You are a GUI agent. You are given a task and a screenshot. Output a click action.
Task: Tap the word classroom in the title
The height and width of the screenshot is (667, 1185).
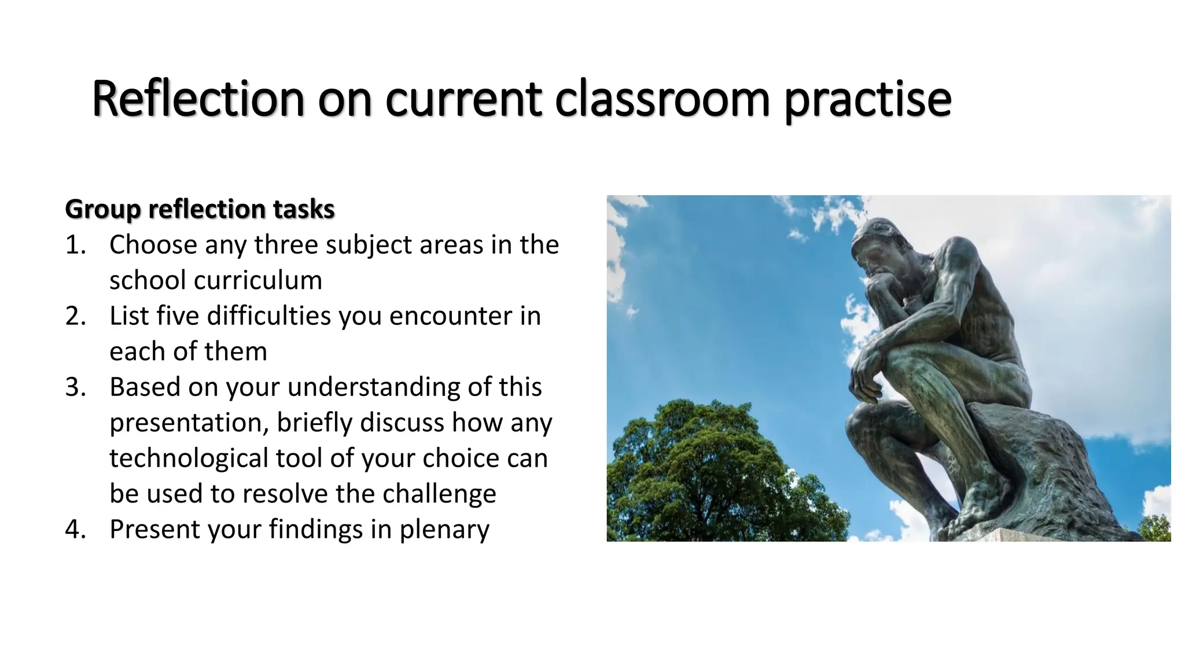pyautogui.click(x=662, y=99)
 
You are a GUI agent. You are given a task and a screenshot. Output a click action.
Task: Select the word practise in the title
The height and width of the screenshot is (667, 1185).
pyautogui.click(x=867, y=100)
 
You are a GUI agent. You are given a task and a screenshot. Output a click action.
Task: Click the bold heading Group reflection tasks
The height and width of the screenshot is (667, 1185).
pyautogui.click(x=200, y=209)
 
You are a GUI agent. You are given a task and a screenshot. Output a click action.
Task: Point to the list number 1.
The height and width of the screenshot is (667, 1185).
pyautogui.click(x=75, y=245)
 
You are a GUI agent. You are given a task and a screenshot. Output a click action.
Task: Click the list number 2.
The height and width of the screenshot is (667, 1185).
pyautogui.click(x=75, y=316)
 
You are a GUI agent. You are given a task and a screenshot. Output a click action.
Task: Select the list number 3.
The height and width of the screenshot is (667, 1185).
pyautogui.click(x=75, y=387)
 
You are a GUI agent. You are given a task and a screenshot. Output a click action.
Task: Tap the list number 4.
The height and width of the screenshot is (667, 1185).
pyautogui.click(x=75, y=529)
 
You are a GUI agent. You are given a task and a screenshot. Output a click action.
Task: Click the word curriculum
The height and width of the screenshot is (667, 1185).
pyautogui.click(x=257, y=281)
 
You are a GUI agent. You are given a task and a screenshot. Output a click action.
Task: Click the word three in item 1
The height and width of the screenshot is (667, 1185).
pyautogui.click(x=286, y=245)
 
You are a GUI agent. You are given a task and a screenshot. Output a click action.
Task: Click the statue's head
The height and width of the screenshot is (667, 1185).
pyautogui.click(x=877, y=243)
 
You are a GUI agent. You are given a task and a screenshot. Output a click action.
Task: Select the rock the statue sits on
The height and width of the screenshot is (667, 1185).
pyautogui.click(x=1042, y=463)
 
